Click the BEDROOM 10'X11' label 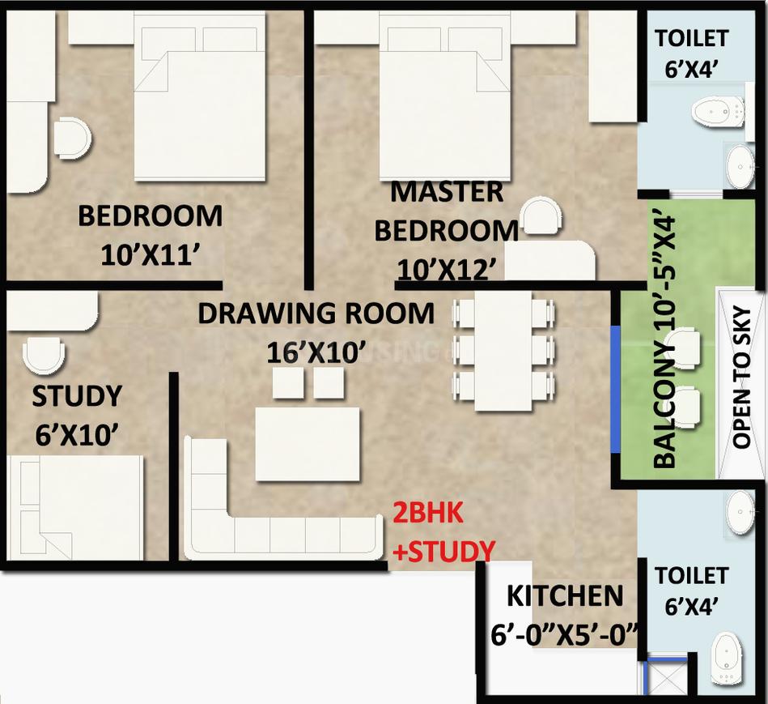point(150,235)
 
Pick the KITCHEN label point(565,596)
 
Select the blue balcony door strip point(615,390)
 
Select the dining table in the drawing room point(503,350)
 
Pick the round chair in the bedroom point(71,139)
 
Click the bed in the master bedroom point(444,101)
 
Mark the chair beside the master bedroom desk point(540,217)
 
